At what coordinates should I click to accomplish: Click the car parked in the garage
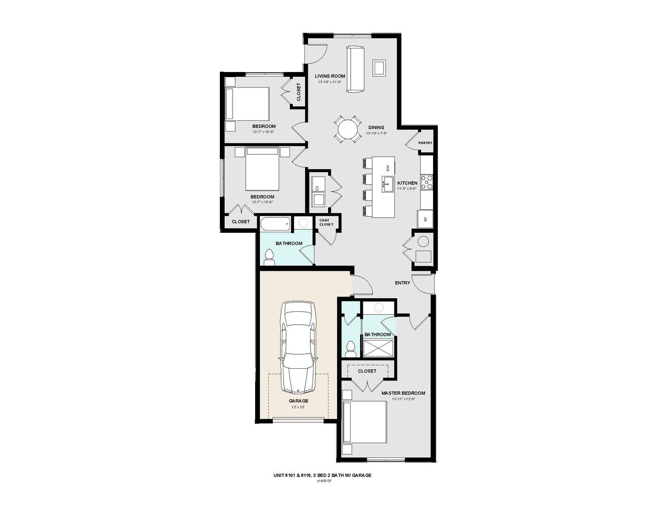(x=298, y=347)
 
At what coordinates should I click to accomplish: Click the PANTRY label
(x=425, y=143)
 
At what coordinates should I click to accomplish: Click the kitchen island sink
(x=388, y=184)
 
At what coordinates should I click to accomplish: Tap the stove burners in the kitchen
(x=426, y=182)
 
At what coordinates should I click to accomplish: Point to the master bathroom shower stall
(x=377, y=350)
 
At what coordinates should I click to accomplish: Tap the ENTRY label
(x=402, y=283)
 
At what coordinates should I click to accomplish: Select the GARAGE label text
(x=298, y=401)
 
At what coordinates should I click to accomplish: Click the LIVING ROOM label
(x=330, y=76)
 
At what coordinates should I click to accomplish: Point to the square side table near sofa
(x=379, y=67)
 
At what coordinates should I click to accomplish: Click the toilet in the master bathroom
(x=350, y=349)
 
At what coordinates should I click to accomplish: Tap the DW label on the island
(x=388, y=167)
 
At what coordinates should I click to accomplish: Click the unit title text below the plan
(x=322, y=475)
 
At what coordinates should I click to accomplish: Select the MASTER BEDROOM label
(x=403, y=393)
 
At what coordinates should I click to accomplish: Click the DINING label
(x=376, y=127)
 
